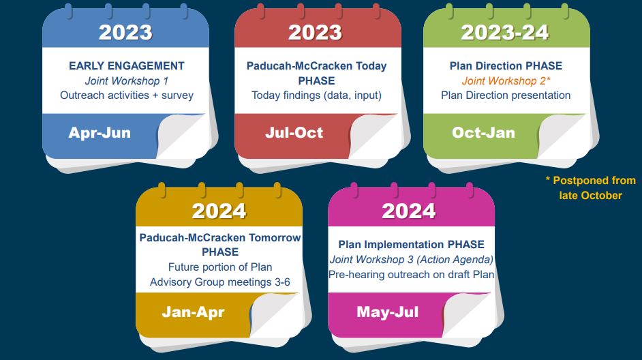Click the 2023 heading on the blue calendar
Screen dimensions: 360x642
(125, 32)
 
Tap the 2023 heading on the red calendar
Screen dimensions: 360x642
(315, 32)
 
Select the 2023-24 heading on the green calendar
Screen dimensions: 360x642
(506, 32)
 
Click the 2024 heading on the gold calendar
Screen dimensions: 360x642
(219, 211)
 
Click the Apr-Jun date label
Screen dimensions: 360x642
(100, 133)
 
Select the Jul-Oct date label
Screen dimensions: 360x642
(294, 133)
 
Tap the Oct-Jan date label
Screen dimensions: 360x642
(483, 133)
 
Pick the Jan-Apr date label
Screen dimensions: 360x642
(193, 312)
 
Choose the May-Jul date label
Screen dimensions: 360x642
(387, 312)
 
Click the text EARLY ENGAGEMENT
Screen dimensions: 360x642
(127, 66)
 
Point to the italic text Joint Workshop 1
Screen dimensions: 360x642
(127, 80)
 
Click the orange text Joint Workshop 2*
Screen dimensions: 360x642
(506, 80)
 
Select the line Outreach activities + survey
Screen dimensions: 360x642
(127, 95)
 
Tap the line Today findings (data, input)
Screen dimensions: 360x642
(316, 95)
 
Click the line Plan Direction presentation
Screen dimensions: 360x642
(506, 95)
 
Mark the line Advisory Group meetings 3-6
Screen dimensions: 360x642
(220, 282)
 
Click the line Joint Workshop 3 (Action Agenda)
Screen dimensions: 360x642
(411, 260)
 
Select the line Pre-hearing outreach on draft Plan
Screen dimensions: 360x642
(411, 275)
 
